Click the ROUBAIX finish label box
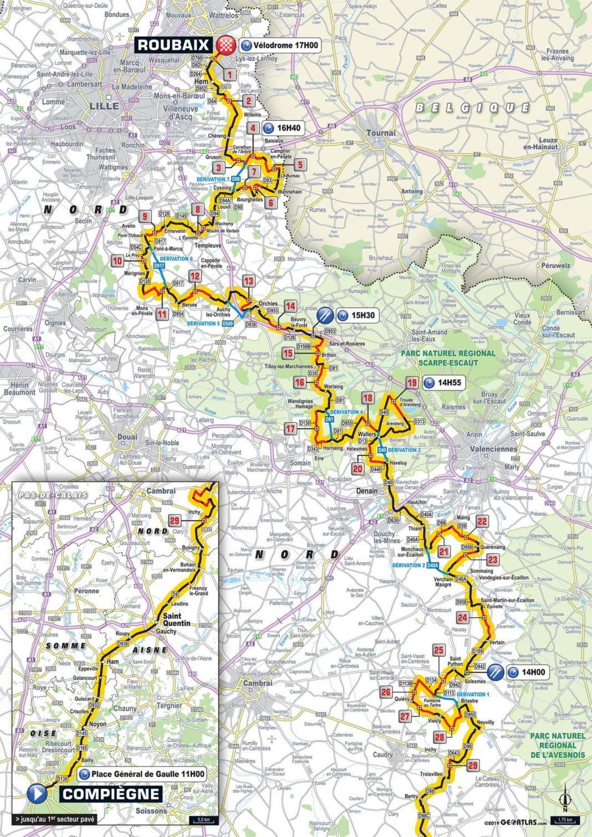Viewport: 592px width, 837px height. pyautogui.click(x=173, y=45)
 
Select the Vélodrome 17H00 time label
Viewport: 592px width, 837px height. pyautogui.click(x=280, y=45)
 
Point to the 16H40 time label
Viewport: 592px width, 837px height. pyautogui.click(x=282, y=128)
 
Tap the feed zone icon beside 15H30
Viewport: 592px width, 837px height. pyautogui.click(x=325, y=316)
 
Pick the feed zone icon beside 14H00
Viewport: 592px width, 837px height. pyautogui.click(x=496, y=672)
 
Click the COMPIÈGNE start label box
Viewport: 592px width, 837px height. pyautogui.click(x=110, y=794)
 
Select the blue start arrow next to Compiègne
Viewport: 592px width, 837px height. pyautogui.click(x=37, y=794)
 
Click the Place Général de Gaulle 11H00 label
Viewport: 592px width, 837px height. pyautogui.click(x=142, y=774)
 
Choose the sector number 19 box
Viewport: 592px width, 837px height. pyautogui.click(x=412, y=383)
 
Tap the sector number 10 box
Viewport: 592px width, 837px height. pyautogui.click(x=118, y=261)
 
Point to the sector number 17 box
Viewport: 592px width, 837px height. pyautogui.click(x=290, y=428)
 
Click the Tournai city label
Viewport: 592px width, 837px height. pyautogui.click(x=381, y=133)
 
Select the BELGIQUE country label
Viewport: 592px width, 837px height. pyautogui.click(x=472, y=107)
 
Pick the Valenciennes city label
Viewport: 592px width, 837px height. pyautogui.click(x=493, y=449)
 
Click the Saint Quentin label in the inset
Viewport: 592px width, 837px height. pyautogui.click(x=176, y=619)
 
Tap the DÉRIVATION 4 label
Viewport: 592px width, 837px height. pyautogui.click(x=346, y=412)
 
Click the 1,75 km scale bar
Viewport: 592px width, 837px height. pyautogui.click(x=564, y=820)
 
